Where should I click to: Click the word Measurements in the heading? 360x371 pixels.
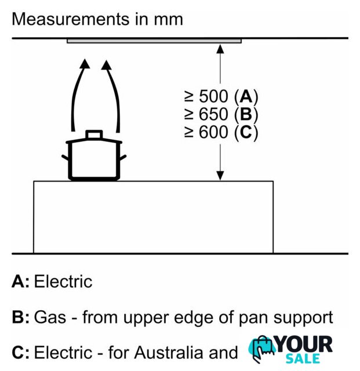point(71,19)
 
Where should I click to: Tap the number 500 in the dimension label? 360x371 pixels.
point(213,97)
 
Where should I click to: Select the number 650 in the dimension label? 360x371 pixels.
point(213,114)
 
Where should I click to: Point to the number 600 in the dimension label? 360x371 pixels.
point(213,132)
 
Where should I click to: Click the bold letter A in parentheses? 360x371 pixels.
point(246,97)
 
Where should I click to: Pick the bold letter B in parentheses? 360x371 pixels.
point(246,114)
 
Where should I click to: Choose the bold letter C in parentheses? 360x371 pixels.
point(246,132)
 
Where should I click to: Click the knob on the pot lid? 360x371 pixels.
point(94,134)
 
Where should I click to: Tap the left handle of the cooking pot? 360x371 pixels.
point(65,158)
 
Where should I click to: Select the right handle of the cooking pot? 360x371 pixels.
point(123,158)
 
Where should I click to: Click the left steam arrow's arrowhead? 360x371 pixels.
point(85,64)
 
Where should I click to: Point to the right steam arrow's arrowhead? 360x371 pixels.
point(106,65)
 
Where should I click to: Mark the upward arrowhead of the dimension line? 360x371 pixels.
point(220,49)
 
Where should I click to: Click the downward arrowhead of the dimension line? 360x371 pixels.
point(220,176)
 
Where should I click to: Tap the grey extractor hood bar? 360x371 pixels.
point(154,41)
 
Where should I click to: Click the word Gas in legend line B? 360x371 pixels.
point(50,317)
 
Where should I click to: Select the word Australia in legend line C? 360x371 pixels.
point(169,352)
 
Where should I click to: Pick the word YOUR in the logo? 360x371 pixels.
point(304,344)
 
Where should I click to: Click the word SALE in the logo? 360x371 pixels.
point(303,359)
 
